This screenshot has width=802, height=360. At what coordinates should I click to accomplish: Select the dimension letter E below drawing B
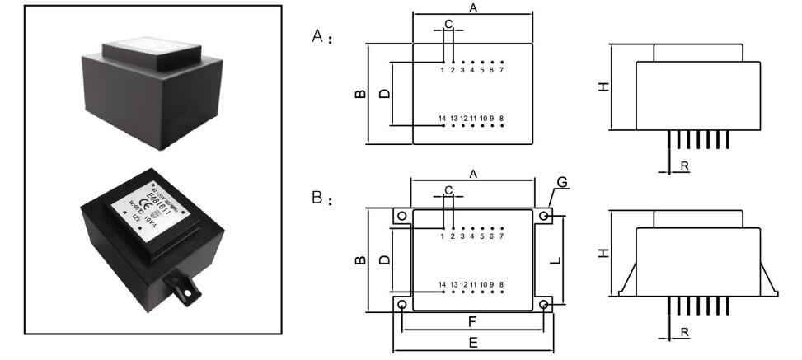tap(473, 341)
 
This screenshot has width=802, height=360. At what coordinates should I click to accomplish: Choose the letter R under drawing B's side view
tap(685, 331)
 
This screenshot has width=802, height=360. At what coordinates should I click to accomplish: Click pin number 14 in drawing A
tap(442, 119)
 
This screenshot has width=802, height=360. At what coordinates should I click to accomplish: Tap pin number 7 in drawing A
tap(501, 70)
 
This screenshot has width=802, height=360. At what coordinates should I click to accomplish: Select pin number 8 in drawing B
tap(501, 284)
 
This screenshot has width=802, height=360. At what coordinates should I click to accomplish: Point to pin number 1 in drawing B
tap(443, 236)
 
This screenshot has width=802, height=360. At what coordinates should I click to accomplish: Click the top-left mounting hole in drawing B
tap(401, 216)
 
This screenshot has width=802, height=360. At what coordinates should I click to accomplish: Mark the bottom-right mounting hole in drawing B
tap(544, 305)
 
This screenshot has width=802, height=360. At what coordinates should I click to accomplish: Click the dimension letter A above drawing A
tap(473, 7)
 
